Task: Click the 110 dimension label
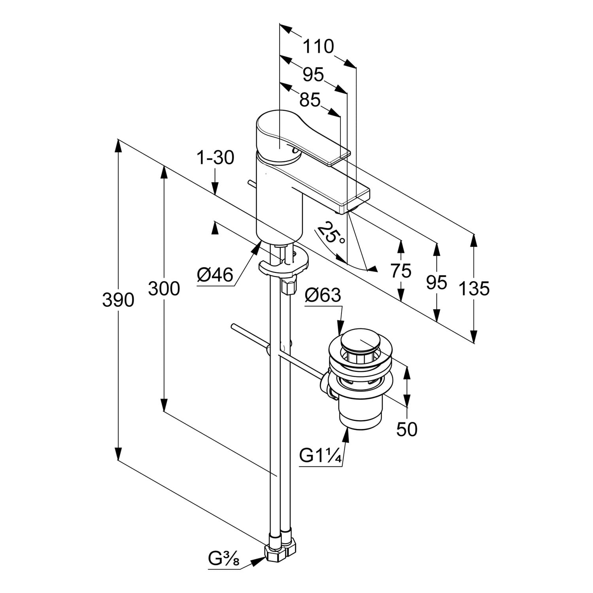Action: pyautogui.click(x=318, y=47)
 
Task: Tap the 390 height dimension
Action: pyautogui.click(x=118, y=300)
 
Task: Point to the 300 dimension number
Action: pyautogui.click(x=164, y=289)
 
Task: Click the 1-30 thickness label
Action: pyautogui.click(x=215, y=158)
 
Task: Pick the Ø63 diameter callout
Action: pyautogui.click(x=323, y=295)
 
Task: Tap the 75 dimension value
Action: pyautogui.click(x=401, y=271)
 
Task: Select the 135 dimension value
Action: pyautogui.click(x=474, y=289)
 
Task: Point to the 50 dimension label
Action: pyautogui.click(x=407, y=429)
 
